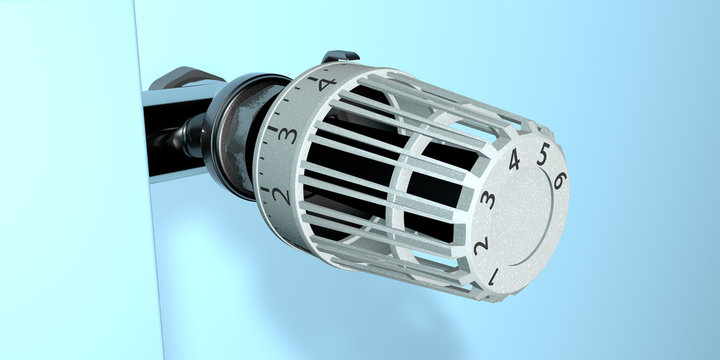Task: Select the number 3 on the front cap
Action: (x=488, y=199)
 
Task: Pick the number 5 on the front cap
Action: (x=543, y=153)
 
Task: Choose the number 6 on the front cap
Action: (x=559, y=180)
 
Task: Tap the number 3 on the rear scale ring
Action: (x=289, y=134)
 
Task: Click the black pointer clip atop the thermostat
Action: (x=340, y=58)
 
